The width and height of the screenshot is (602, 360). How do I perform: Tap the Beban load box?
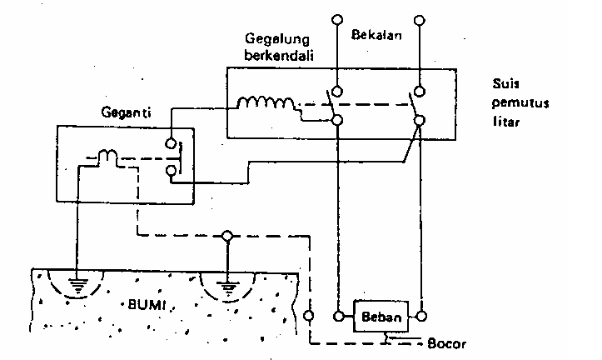pos(381,317)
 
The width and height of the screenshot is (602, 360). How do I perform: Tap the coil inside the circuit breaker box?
pos(266,105)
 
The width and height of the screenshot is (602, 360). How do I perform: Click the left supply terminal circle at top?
pos(337,18)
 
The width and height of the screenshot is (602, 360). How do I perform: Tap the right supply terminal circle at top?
pos(420,17)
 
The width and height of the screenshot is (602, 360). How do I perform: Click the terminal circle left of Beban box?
pos(338,317)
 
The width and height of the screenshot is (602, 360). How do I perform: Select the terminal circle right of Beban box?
pos(421,317)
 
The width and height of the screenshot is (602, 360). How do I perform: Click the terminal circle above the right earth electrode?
pos(226,235)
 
